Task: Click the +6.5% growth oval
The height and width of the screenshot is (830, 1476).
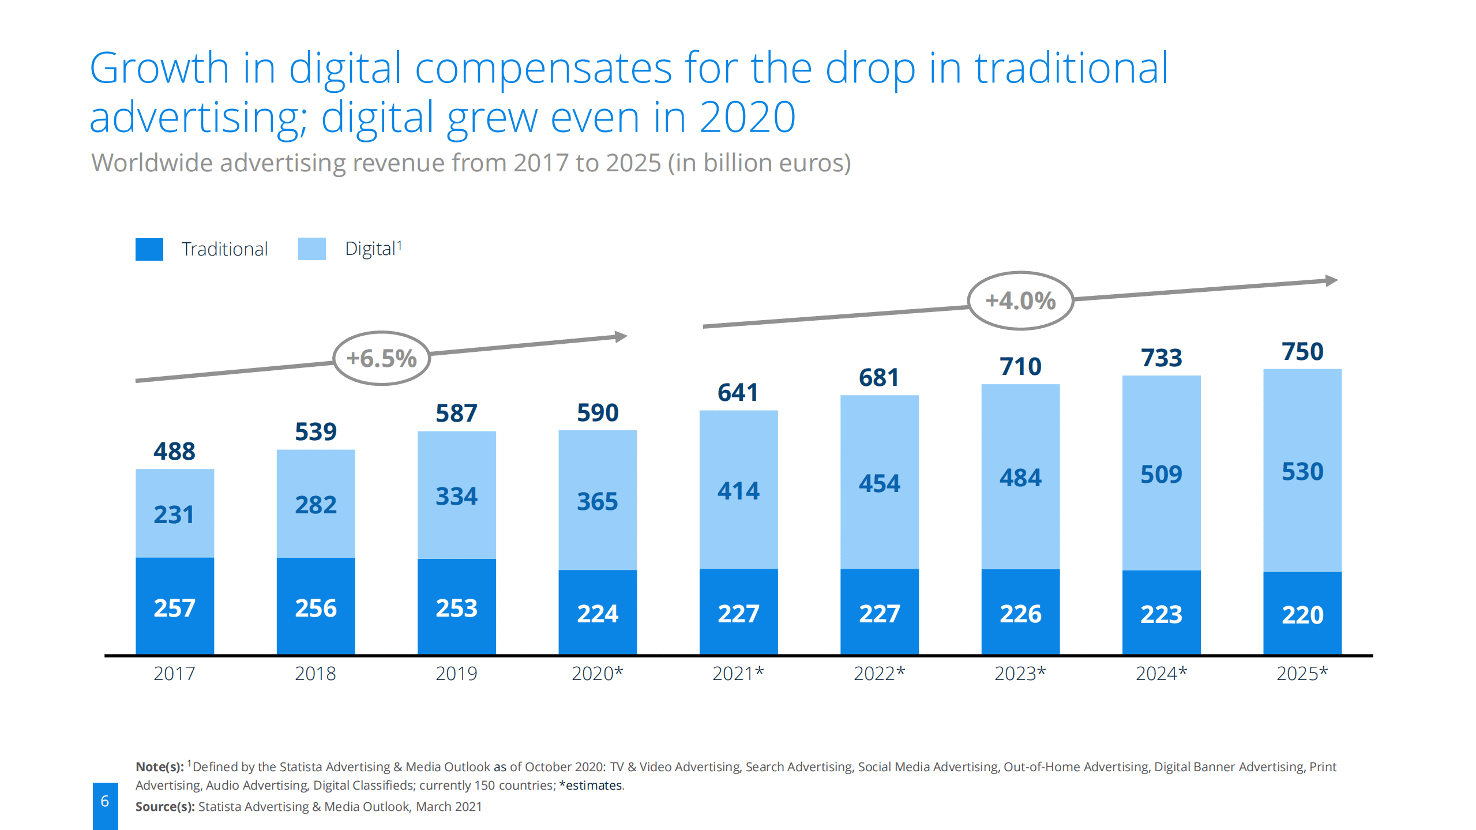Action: pos(381,358)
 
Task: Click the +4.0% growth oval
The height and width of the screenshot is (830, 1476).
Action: pos(1020,301)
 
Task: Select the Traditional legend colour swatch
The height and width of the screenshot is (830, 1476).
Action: pos(149,249)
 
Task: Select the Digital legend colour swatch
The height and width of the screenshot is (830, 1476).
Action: pos(311,249)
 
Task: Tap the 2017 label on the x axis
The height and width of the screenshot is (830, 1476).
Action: pos(174,673)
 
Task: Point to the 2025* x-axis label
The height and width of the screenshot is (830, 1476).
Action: pos(1302,673)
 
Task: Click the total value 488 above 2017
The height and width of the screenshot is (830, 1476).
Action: pos(174,451)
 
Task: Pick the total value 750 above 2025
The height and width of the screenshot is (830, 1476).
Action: pos(1302,351)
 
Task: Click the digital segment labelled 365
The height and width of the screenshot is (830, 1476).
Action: pos(598,501)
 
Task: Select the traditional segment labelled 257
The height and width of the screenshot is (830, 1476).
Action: pos(174,607)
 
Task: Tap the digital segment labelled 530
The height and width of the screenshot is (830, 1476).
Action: pos(1302,471)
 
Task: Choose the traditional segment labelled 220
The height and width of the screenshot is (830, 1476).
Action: pos(1302,614)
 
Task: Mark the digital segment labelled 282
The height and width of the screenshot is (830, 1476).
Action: pos(316,504)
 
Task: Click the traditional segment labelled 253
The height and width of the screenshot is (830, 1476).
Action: pos(456,607)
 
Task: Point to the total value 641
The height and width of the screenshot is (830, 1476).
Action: pos(738,392)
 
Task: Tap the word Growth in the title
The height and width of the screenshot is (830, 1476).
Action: pos(159,68)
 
